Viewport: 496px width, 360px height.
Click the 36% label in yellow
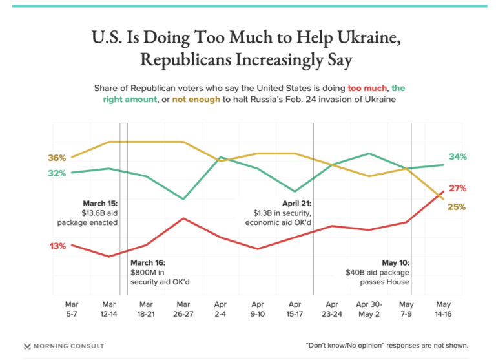[57, 158]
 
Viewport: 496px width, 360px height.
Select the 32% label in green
[57, 173]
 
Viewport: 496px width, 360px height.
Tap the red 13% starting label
[57, 246]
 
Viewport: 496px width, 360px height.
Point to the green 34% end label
[457, 157]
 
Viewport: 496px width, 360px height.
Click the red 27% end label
[457, 189]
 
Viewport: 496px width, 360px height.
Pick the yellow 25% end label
[457, 207]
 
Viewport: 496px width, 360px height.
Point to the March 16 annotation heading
[148, 263]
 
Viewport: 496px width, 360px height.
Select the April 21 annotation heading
[296, 203]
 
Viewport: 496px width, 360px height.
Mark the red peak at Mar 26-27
[184, 218]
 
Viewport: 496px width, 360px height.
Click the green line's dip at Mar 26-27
[184, 199]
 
